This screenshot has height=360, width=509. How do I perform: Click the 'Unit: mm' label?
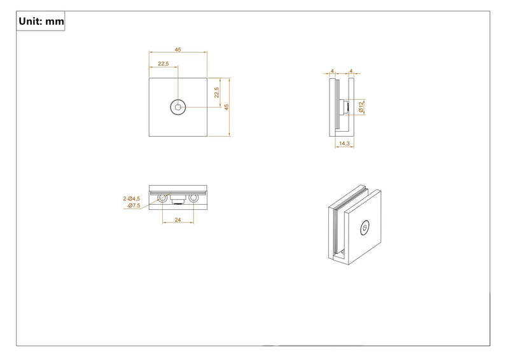(x=41, y=22)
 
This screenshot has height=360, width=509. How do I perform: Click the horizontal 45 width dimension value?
(x=178, y=50)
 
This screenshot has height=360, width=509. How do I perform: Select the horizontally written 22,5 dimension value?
(x=164, y=64)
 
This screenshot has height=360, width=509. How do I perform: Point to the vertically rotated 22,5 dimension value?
(x=216, y=92)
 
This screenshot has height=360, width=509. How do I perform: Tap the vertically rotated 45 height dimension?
(x=227, y=107)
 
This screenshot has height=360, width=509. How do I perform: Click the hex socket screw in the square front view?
(x=178, y=107)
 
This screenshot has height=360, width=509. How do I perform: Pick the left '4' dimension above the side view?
(x=332, y=71)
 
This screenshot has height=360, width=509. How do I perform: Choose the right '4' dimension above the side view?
(x=351, y=71)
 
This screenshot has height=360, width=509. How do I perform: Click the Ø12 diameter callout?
(x=361, y=107)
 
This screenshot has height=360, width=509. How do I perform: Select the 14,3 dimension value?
(x=344, y=143)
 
